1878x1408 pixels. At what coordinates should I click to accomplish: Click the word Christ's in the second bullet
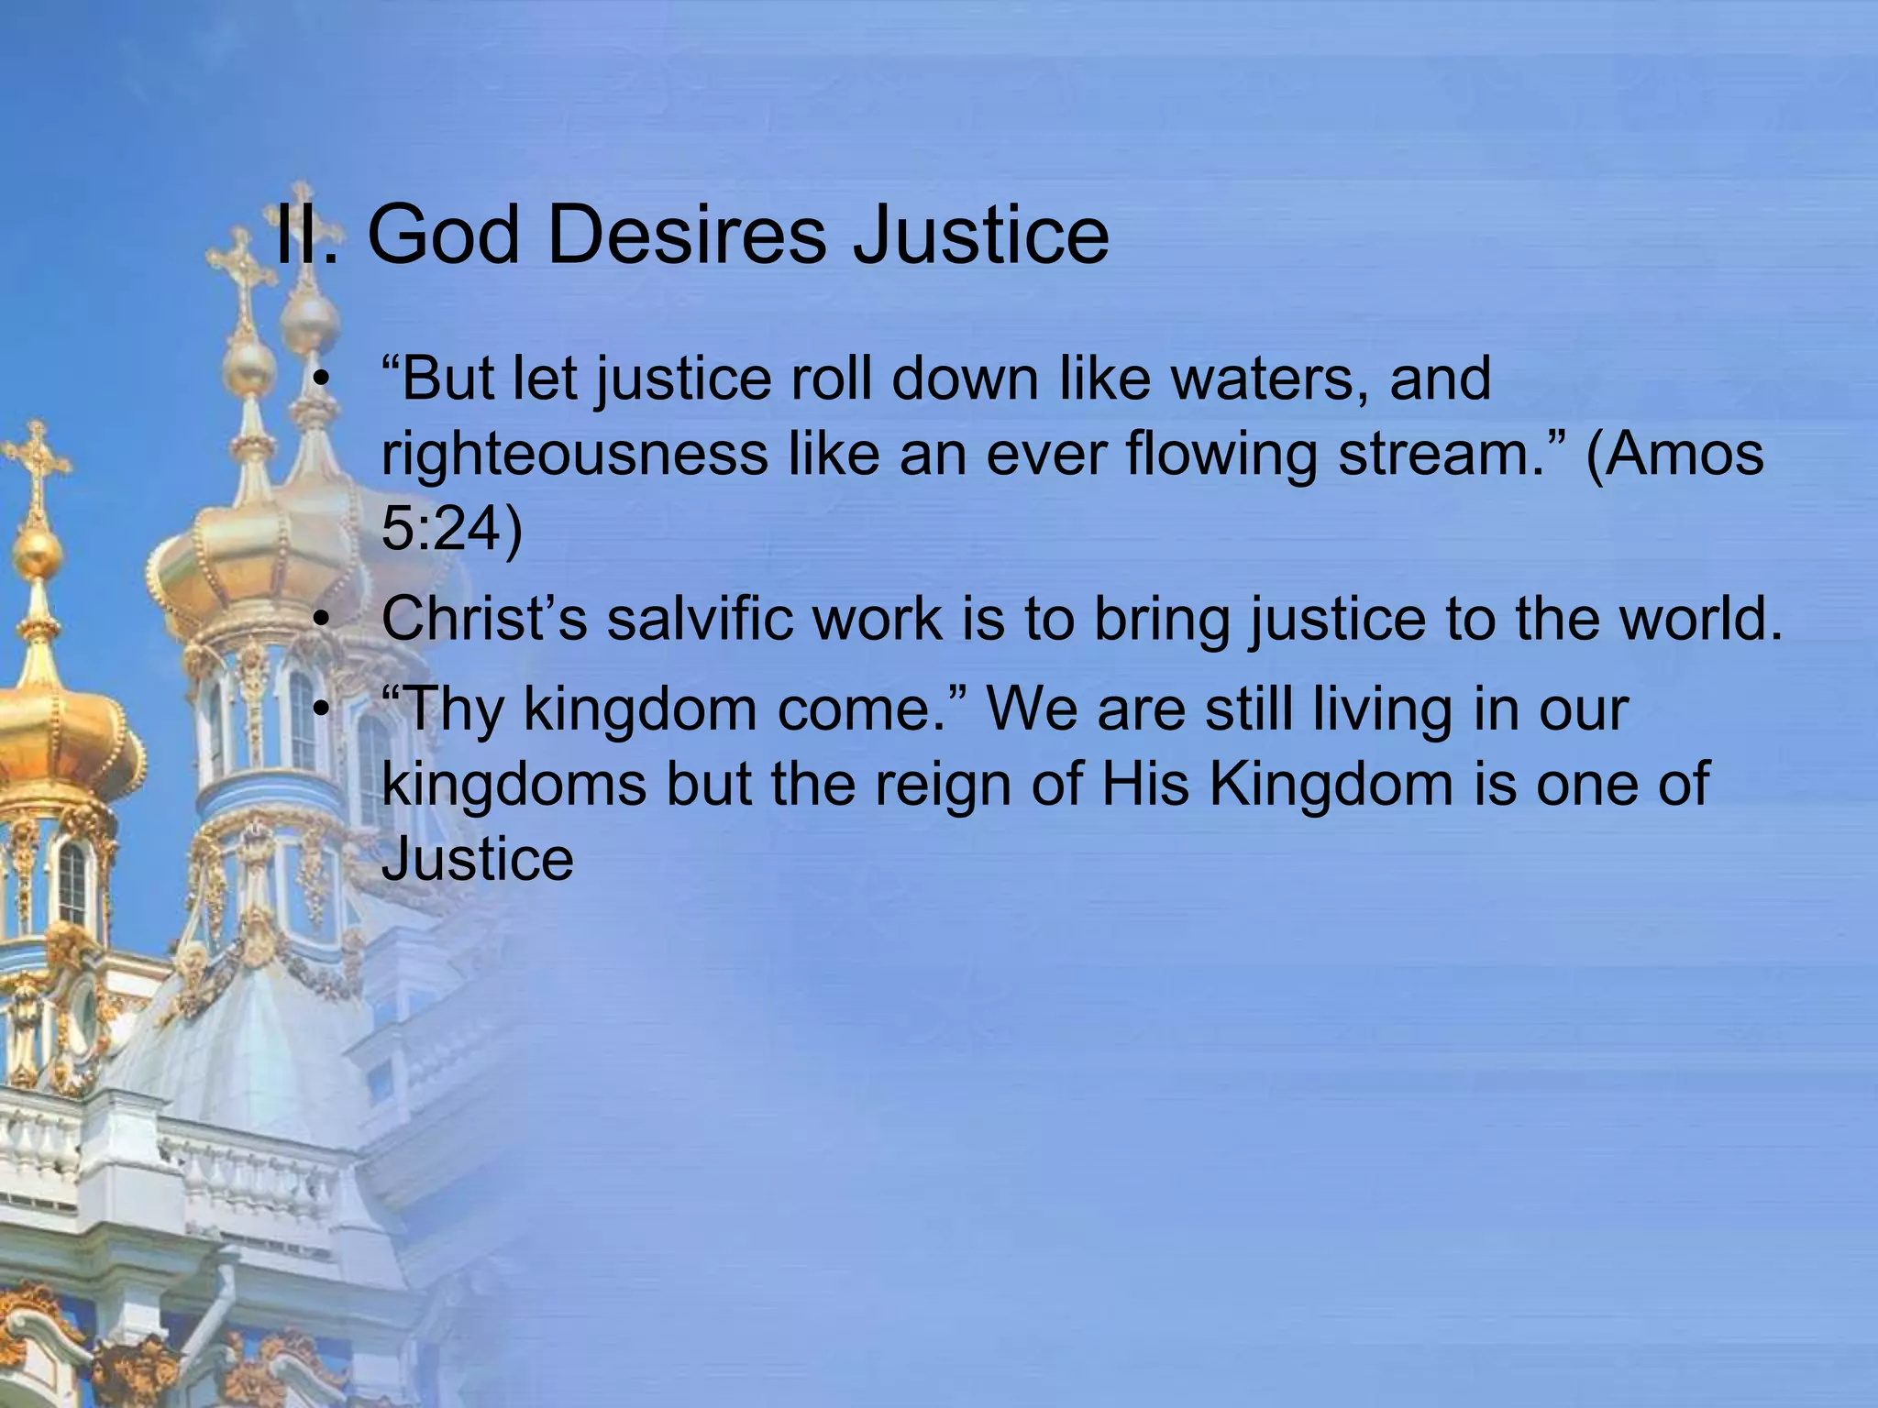[484, 619]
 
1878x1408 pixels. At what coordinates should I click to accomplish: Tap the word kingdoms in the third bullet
[514, 784]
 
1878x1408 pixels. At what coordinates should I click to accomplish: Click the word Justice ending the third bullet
[477, 859]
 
